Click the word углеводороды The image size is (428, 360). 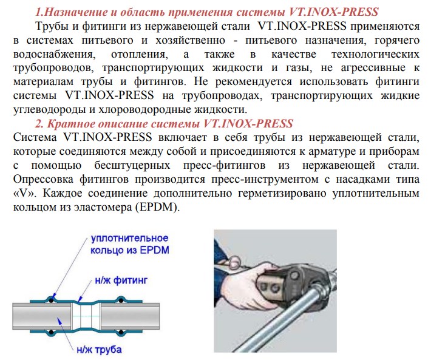[x=52, y=110]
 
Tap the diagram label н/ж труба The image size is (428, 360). [x=99, y=349]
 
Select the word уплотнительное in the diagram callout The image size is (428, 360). [x=129, y=238]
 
